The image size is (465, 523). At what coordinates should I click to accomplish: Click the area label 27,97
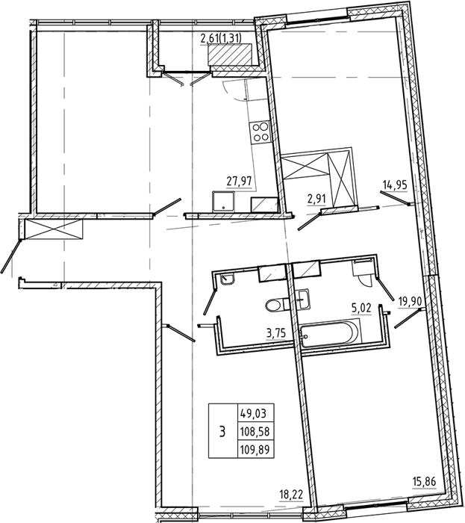point(239,182)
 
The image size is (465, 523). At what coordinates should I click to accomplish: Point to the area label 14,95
point(396,185)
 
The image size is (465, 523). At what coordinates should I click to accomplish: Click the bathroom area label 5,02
point(361,308)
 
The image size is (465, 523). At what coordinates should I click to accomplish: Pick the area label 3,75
point(276,333)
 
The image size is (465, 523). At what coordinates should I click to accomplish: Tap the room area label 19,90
point(411,302)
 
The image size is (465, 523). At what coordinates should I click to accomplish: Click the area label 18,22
point(291,495)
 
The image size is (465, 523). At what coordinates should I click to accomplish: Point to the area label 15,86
point(424,482)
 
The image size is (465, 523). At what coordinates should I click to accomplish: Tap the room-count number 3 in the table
point(222,432)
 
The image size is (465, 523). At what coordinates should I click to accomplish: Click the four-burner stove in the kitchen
point(260,132)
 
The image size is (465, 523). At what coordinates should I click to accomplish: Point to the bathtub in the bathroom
point(328,333)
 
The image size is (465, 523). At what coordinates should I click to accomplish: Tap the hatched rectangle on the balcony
point(229,55)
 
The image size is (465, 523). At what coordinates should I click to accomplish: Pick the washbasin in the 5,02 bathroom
point(303,299)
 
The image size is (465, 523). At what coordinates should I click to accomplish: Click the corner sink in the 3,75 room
point(227,279)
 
